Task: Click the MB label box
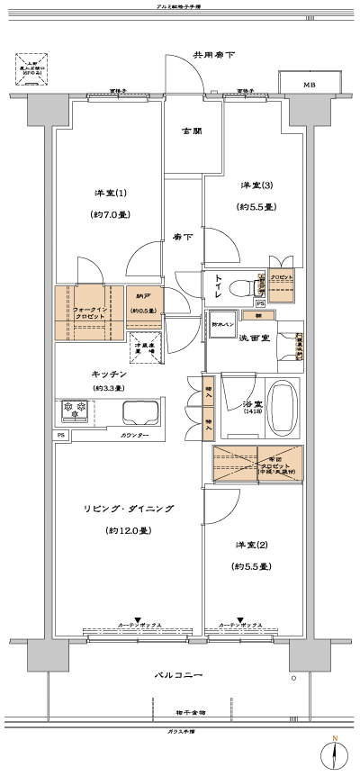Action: coord(309,85)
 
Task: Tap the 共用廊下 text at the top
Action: coord(214,56)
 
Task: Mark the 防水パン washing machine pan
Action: coord(224,324)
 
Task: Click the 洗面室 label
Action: coord(255,338)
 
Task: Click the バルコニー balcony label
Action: coord(176,675)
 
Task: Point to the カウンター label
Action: coord(134,436)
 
